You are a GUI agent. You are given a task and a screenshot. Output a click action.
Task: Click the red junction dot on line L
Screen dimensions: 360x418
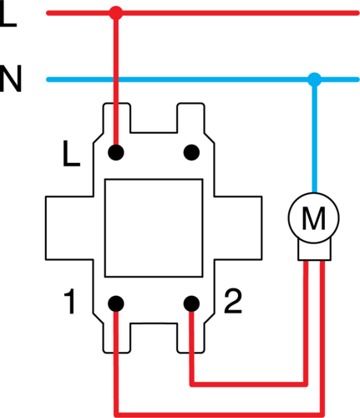point(115,13)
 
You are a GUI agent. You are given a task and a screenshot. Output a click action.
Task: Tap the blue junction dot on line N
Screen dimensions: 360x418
point(315,79)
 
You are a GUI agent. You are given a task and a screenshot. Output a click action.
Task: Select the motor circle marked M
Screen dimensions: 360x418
point(314,217)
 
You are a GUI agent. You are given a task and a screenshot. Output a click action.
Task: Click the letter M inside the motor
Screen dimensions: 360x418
point(314,218)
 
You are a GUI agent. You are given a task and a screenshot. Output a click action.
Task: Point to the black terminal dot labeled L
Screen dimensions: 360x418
point(116,152)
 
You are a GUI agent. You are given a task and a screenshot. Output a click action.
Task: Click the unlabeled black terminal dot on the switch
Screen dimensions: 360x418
point(191,152)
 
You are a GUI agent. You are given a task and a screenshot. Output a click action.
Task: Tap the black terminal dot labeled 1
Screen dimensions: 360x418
point(116,303)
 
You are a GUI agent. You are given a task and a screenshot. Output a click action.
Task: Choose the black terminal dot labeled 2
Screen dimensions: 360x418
point(191,303)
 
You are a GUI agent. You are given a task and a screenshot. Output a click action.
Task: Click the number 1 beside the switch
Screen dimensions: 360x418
point(69,302)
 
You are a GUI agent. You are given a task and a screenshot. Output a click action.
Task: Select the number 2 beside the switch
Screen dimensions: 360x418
point(233,301)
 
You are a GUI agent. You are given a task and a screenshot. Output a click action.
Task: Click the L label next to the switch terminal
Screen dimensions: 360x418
point(72,154)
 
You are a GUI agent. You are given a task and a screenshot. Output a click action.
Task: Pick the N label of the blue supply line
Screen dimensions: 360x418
point(11,79)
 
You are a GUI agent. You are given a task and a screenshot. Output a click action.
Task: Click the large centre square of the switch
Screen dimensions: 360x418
point(154,228)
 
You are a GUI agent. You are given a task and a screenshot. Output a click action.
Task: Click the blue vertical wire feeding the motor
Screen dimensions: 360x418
point(315,135)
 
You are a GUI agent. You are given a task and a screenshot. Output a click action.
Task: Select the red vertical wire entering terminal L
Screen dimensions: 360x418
point(115,83)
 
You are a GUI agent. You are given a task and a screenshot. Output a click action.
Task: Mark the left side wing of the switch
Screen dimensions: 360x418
point(69,228)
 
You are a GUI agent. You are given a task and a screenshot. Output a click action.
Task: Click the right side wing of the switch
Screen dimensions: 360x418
point(238,228)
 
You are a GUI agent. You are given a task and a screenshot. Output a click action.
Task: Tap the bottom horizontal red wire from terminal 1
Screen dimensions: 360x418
point(220,415)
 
